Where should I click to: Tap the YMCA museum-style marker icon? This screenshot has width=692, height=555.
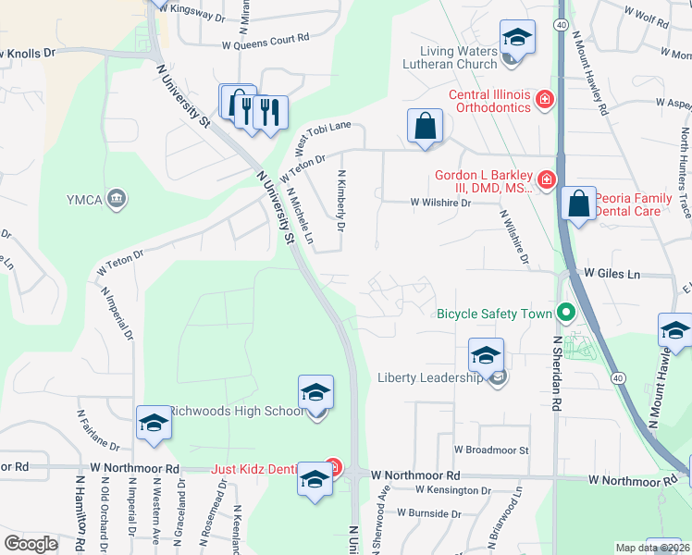117,197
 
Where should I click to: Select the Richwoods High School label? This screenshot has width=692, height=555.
236,411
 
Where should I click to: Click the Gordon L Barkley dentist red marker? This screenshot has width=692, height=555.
547,179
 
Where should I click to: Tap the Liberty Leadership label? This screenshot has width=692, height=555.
431,377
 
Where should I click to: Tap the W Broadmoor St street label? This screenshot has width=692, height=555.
490,450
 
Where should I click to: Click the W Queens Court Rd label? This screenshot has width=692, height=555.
265,43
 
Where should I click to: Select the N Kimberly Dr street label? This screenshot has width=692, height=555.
341,200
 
